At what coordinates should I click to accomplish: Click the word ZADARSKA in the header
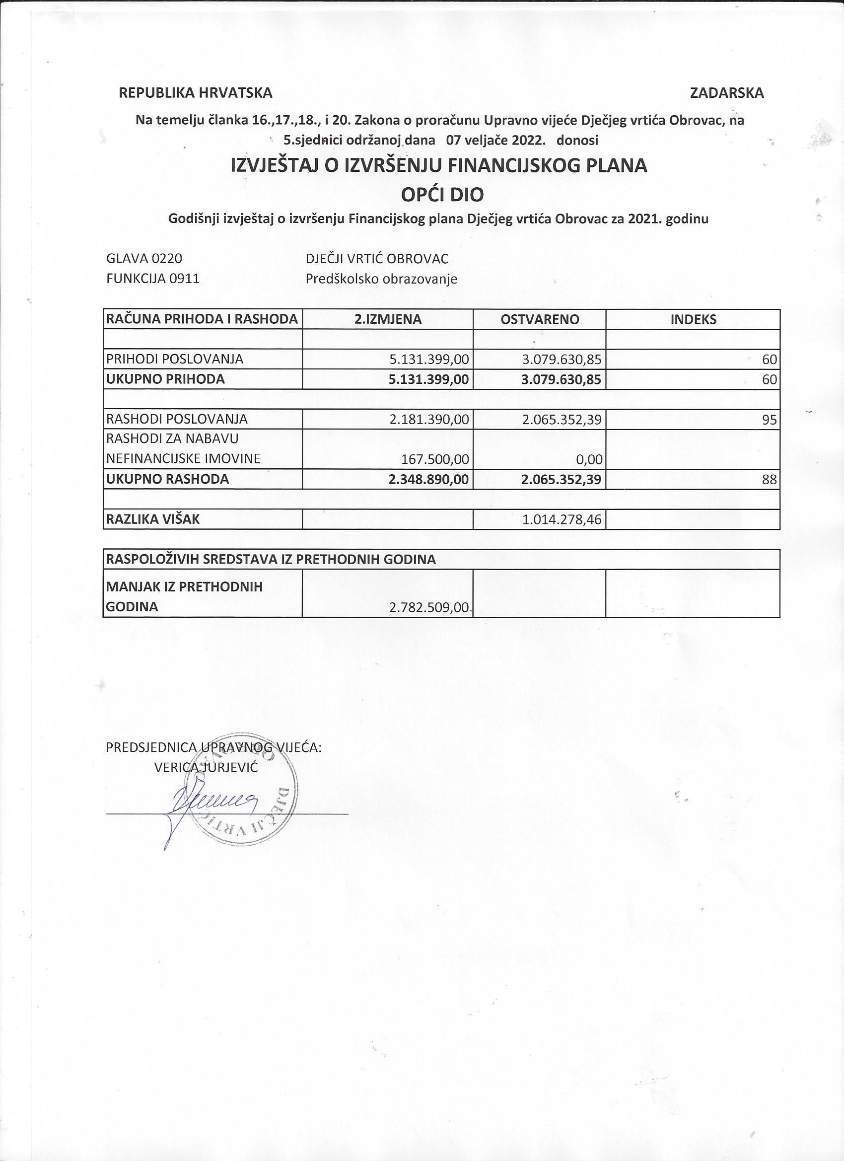pyautogui.click(x=726, y=93)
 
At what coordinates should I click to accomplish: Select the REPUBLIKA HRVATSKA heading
pyautogui.click(x=196, y=93)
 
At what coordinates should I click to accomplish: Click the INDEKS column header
pyautogui.click(x=693, y=319)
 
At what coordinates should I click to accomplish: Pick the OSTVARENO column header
pyautogui.click(x=540, y=319)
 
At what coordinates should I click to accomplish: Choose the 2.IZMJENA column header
pyautogui.click(x=388, y=319)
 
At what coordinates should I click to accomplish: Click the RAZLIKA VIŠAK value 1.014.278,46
pyautogui.click(x=562, y=520)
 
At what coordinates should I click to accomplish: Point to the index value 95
pyautogui.click(x=769, y=420)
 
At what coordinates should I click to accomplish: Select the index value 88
pyautogui.click(x=769, y=480)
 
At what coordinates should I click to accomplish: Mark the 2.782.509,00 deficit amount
pyautogui.click(x=429, y=608)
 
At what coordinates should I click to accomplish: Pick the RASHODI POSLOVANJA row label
pyautogui.click(x=177, y=419)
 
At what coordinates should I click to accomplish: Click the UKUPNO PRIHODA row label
pyautogui.click(x=165, y=379)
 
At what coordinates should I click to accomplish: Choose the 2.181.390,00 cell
pyautogui.click(x=429, y=420)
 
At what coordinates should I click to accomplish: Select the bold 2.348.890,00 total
pyautogui.click(x=429, y=480)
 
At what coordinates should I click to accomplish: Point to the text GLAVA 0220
pyautogui.click(x=144, y=259)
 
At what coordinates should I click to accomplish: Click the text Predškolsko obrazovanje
pyautogui.click(x=381, y=280)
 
